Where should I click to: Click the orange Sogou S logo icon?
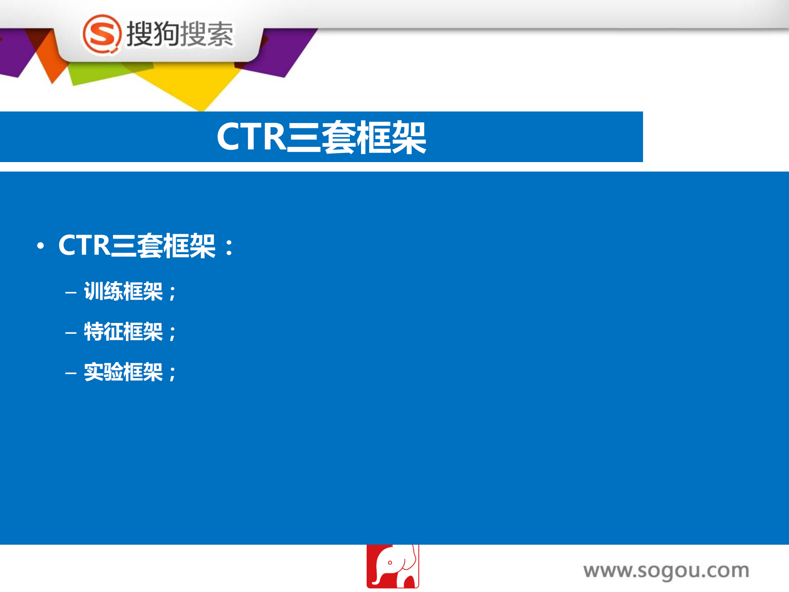(102, 34)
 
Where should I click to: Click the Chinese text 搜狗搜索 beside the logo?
(180, 34)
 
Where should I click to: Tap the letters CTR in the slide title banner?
(251, 137)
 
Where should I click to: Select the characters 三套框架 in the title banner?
(356, 137)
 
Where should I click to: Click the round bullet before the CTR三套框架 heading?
(40, 246)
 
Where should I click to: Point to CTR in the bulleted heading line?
(84, 246)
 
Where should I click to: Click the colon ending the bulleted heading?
(229, 247)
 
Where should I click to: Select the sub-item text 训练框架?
(123, 291)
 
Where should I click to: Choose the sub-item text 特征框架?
(123, 332)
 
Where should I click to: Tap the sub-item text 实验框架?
(123, 372)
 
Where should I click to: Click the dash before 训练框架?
(71, 293)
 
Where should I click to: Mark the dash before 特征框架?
(71, 332)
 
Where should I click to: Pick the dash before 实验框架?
(71, 373)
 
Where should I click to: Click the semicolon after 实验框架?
(172, 374)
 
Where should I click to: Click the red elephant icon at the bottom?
(392, 566)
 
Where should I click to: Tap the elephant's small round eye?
(390, 562)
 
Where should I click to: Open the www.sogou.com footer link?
(666, 571)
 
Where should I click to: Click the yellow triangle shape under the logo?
(197, 88)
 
